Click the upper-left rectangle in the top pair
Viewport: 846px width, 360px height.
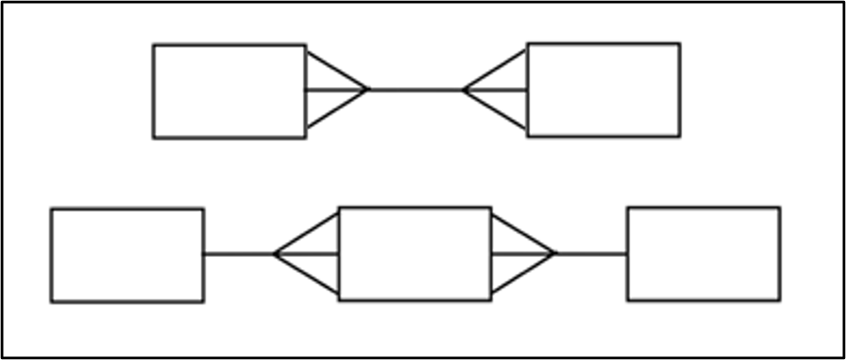coord(229,91)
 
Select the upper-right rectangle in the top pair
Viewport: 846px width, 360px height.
coord(603,90)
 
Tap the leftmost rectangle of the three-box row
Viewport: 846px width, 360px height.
coord(127,255)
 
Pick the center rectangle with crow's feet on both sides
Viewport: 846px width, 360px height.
coord(415,253)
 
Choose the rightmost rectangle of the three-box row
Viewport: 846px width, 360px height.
coord(703,253)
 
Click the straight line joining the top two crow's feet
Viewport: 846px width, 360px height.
coord(416,89)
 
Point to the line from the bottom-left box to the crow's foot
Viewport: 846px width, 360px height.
coord(239,254)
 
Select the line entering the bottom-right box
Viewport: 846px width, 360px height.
coord(592,253)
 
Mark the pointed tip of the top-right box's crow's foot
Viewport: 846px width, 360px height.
coord(464,89)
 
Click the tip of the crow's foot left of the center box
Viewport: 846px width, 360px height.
coord(276,254)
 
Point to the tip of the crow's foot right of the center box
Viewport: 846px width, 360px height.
coord(555,253)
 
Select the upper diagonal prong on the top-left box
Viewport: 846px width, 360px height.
coord(335,70)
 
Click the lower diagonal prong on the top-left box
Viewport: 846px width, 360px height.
coord(335,108)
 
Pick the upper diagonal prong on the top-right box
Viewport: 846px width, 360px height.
coord(496,70)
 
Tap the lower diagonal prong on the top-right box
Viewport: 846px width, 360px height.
coord(496,109)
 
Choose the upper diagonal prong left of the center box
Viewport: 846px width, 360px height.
coord(307,233)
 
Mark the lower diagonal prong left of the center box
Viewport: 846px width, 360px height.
coord(307,274)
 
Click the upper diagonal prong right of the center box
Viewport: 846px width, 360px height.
coord(523,234)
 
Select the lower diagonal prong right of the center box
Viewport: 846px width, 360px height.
coord(523,273)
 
